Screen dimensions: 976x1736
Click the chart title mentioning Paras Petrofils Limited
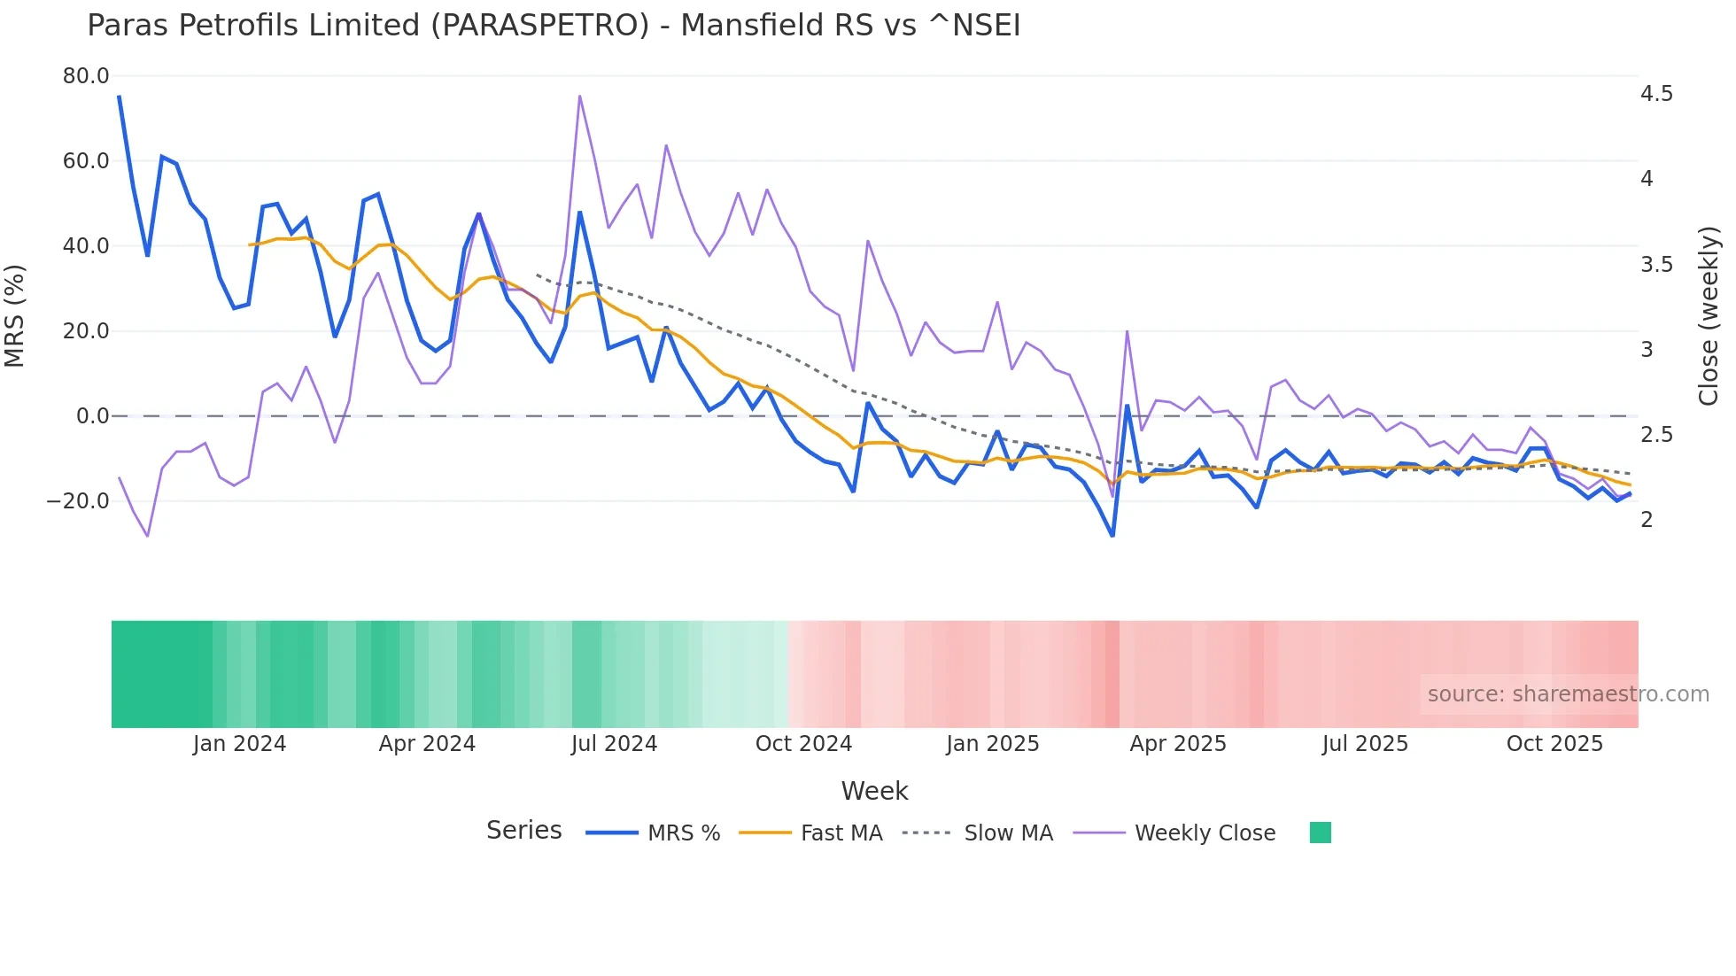[554, 26]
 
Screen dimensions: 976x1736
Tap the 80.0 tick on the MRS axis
[86, 76]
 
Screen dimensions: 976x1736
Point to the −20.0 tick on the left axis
[78, 501]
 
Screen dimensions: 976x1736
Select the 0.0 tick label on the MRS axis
[92, 416]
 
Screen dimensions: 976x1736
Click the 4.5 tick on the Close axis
[1656, 94]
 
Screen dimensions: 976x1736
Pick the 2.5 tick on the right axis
[1656, 435]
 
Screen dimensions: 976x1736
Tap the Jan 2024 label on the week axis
[239, 744]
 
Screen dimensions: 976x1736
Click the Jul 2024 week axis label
[614, 744]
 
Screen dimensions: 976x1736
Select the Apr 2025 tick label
[1178, 744]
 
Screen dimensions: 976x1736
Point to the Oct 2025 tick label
[1554, 744]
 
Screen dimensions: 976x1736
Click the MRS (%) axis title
[15, 315]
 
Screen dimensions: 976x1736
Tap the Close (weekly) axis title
[1709, 316]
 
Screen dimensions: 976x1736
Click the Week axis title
[874, 791]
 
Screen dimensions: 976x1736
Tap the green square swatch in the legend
[1320, 833]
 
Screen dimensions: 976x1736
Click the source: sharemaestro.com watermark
[1568, 694]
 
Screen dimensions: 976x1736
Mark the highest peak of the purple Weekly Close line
[580, 96]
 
